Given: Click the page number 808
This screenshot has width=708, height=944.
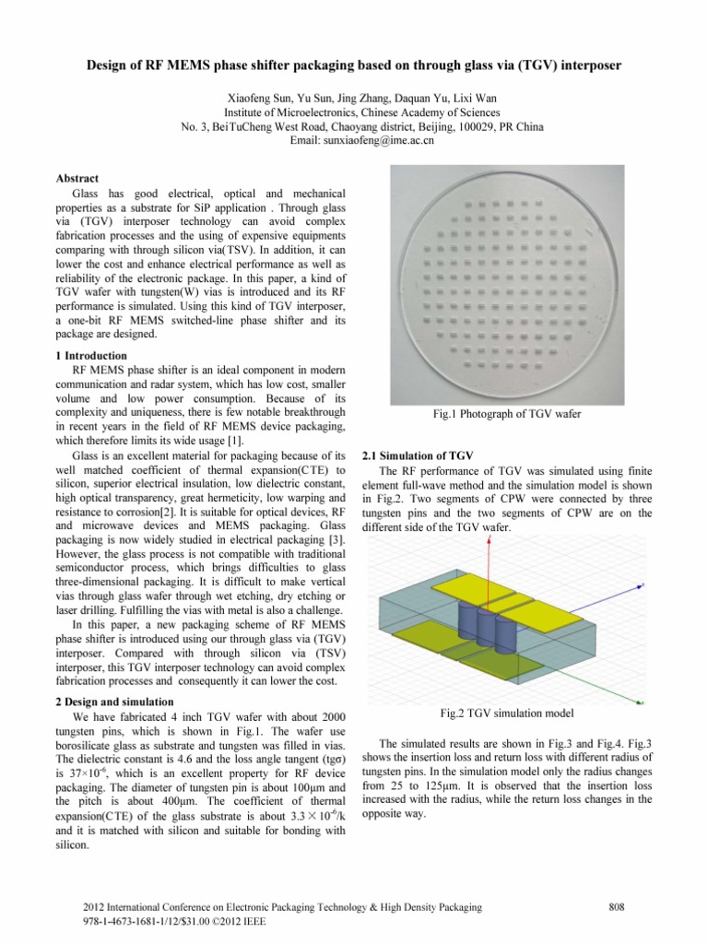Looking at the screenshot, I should pyautogui.click(x=619, y=908).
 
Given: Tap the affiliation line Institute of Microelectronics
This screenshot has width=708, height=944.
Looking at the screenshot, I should pyautogui.click(x=353, y=111).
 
